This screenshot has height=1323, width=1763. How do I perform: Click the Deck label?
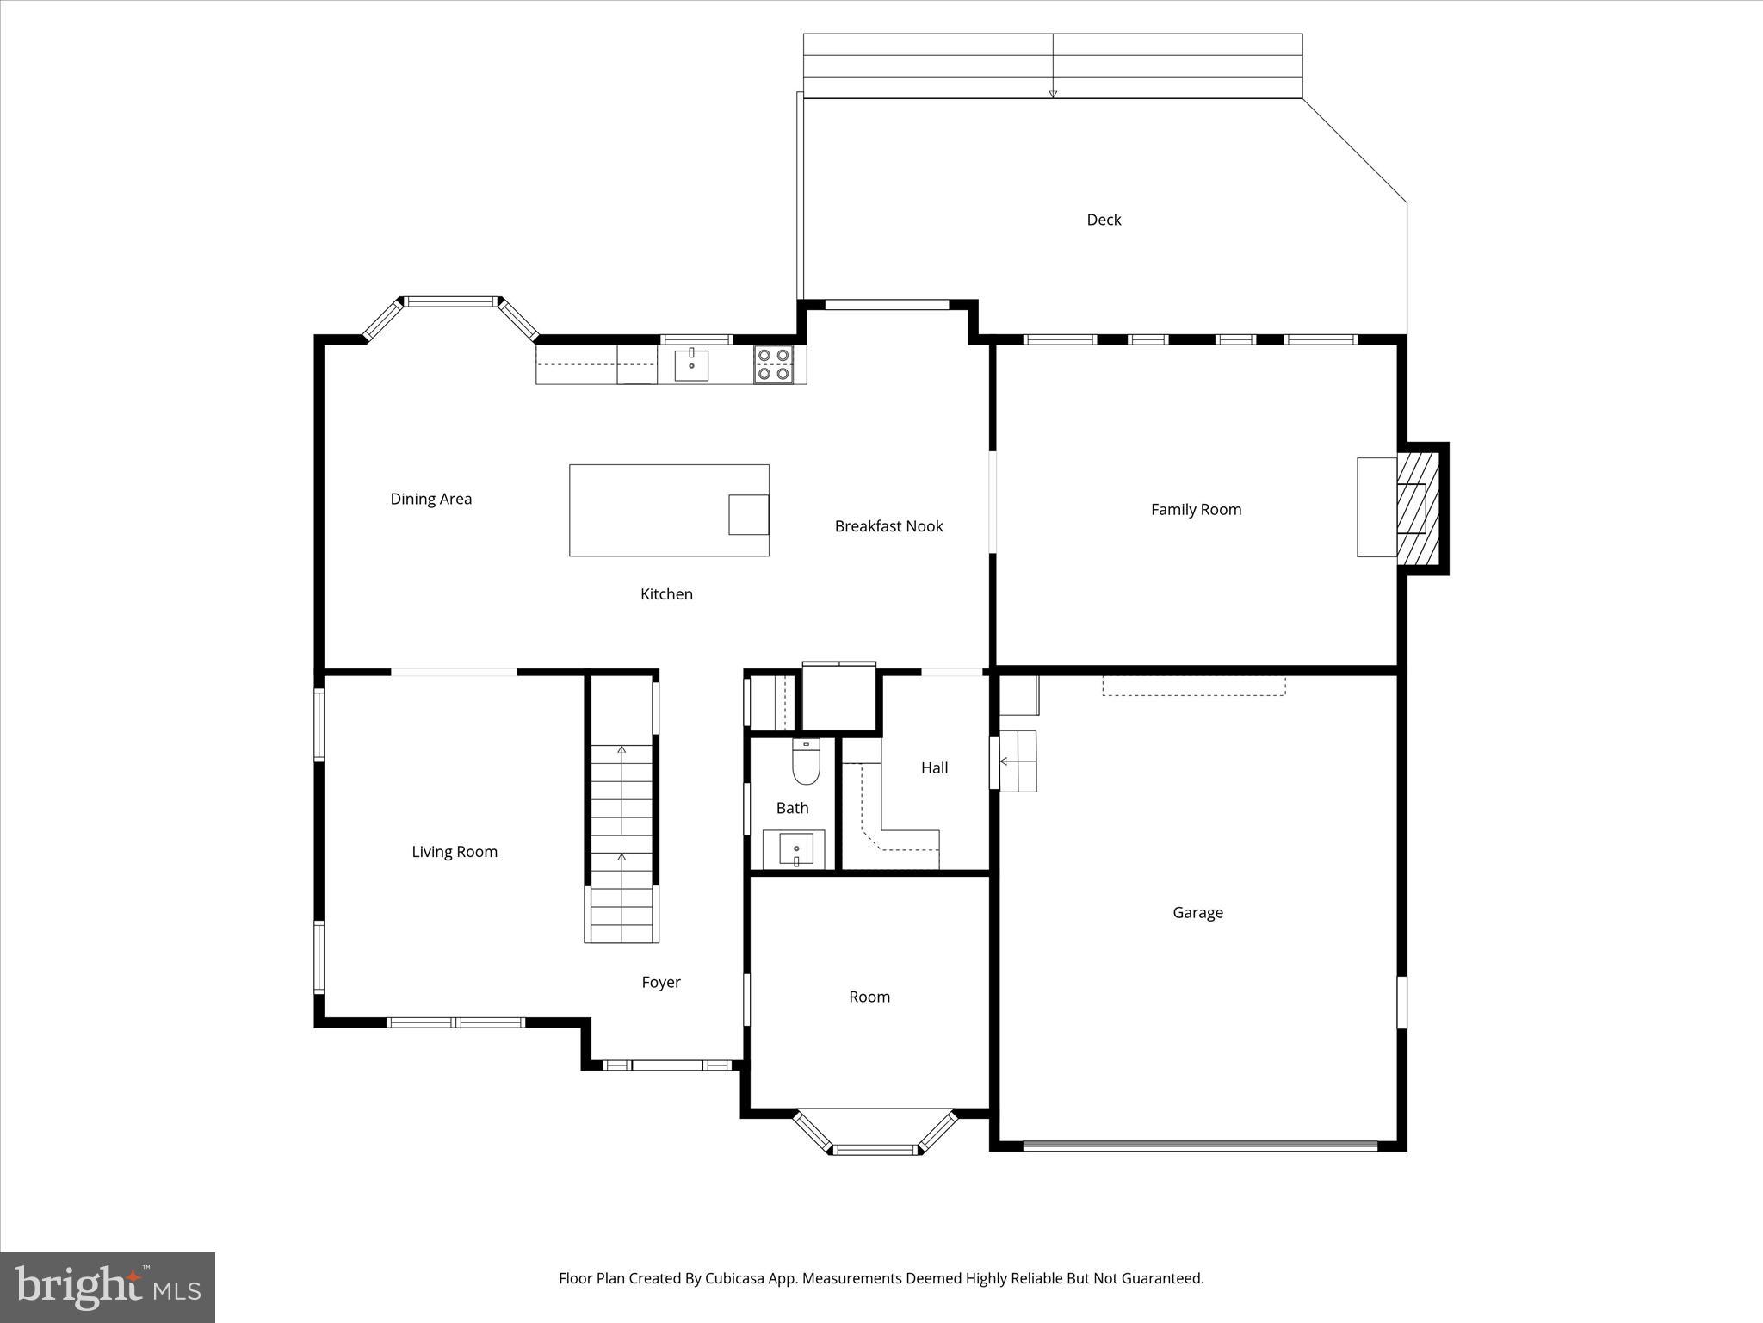coord(1104,220)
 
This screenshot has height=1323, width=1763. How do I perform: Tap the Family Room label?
coord(1196,509)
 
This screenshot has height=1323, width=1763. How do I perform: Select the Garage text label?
coord(1197,912)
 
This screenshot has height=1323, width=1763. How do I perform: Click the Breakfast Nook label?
coord(888,526)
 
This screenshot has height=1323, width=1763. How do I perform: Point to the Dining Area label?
coord(430,499)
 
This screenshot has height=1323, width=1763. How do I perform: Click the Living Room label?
coord(455,852)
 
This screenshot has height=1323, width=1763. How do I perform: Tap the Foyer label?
coord(661,982)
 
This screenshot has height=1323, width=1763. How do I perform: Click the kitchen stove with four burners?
coord(773,364)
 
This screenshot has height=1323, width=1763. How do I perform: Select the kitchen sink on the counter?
coord(691,365)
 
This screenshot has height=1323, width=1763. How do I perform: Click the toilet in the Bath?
coord(806,762)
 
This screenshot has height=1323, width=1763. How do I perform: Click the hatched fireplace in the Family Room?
coord(1417,508)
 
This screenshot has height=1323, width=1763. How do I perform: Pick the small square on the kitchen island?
coord(748,514)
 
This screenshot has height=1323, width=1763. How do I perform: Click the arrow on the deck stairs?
coord(1053,93)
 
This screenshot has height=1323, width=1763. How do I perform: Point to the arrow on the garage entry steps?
coord(1005,761)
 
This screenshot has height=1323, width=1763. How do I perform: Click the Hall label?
coord(934,767)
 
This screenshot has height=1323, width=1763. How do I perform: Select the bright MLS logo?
coord(108,1288)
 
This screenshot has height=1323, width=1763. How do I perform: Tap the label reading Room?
coord(869,997)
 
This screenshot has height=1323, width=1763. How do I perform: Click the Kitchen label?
coord(666,593)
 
